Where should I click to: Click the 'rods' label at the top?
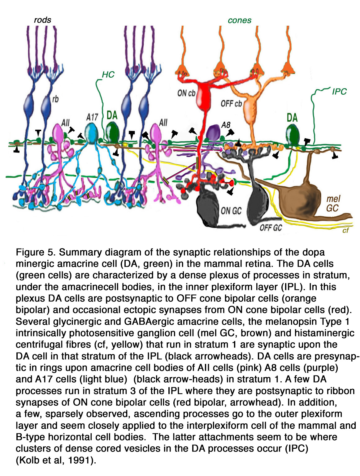[x=42, y=20]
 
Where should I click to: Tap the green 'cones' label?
[x=239, y=20]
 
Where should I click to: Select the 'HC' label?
[x=108, y=75]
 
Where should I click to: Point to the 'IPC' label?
[x=339, y=92]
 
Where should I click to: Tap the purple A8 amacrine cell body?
[x=213, y=132]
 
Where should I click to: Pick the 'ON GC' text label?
[x=231, y=210]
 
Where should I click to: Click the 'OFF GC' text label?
[x=271, y=228]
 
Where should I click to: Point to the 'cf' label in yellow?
[x=345, y=230]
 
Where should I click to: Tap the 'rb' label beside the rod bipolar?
[x=55, y=99]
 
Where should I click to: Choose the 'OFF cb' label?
[x=231, y=104]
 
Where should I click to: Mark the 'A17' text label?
[x=92, y=117]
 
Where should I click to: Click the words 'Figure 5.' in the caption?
[x=36, y=253]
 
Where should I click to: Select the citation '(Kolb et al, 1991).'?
[x=56, y=460]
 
